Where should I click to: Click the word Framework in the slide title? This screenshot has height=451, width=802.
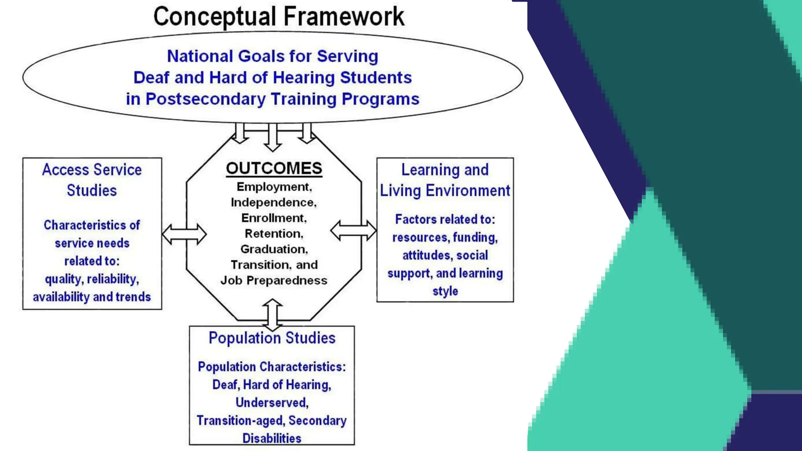coord(343,16)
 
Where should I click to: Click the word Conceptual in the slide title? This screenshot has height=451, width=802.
coord(215,16)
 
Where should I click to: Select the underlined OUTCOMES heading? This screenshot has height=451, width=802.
coord(274,168)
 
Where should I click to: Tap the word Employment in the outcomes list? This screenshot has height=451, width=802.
coord(273,187)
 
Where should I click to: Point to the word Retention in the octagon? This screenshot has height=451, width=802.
coord(273,234)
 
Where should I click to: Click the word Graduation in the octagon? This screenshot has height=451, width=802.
coord(273,249)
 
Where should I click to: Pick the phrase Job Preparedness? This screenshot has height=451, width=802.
coord(274,281)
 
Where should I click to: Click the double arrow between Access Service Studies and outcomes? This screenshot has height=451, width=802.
coord(184,234)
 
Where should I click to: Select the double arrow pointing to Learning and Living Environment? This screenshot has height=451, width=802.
coord(353,230)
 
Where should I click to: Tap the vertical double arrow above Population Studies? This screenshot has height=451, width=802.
coord(273,315)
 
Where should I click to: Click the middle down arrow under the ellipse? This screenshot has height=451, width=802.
coord(273,137)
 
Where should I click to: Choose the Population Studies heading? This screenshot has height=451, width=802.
coord(272,338)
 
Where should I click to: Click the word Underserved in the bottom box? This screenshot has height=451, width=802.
coord(272,402)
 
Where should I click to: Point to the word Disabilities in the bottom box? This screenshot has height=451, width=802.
coord(272,438)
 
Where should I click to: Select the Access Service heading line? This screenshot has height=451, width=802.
coord(92,170)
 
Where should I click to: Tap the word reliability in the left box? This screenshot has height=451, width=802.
coord(112,279)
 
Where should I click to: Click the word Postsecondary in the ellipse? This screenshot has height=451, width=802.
coord(206,99)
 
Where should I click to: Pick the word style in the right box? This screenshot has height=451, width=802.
coord(445,291)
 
